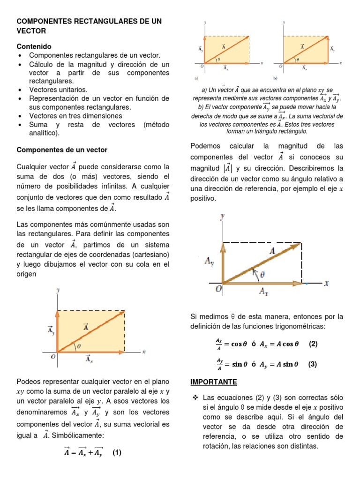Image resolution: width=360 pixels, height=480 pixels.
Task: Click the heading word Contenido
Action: coord(34,47)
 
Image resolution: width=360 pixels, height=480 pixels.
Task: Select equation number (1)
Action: coord(117,453)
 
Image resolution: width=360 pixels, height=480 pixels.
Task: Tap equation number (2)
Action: coord(313,344)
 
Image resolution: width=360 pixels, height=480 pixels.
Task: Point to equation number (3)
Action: coord(313,364)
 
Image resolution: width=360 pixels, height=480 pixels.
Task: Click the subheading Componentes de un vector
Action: coord(62,150)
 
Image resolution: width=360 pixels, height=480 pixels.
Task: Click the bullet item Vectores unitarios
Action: coord(58,90)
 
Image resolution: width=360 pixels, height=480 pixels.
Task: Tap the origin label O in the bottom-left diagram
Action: coord(53,357)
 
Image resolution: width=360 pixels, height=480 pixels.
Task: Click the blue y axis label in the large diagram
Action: coord(222,216)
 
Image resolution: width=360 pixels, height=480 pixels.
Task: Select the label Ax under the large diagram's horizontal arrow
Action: coord(264,292)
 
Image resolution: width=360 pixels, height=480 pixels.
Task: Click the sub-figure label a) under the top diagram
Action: coord(196,78)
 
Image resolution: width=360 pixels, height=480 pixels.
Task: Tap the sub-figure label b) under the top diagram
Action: coord(276,78)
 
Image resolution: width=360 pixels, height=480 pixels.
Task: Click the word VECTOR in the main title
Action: coord(31,31)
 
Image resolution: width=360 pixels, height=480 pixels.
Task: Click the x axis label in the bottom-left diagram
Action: coord(144,352)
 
